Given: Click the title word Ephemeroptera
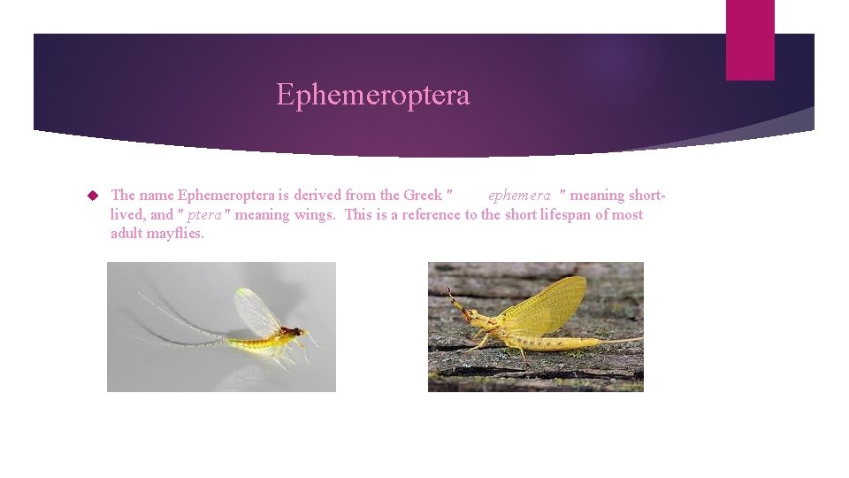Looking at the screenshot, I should (372, 94).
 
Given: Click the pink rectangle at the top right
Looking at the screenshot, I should (749, 40).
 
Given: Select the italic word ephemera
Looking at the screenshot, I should (519, 195).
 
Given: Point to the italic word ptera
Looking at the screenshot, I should (203, 214).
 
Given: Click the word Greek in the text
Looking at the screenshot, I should (423, 195).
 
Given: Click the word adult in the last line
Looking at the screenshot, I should (127, 234).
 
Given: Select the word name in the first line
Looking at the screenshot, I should (157, 195).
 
